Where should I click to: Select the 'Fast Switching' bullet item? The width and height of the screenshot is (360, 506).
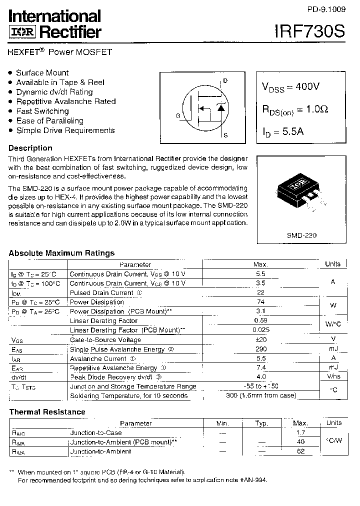click(x=42, y=111)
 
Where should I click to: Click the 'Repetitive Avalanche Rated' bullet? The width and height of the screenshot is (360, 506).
click(x=65, y=101)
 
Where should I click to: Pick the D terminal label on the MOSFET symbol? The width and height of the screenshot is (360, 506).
click(x=225, y=80)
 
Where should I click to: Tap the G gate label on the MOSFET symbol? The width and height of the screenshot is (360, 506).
click(x=177, y=116)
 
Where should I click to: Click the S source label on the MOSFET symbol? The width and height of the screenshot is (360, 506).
click(x=225, y=135)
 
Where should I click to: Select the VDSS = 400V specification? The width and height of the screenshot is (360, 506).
click(x=291, y=86)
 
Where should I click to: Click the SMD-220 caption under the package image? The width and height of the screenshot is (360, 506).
click(x=301, y=234)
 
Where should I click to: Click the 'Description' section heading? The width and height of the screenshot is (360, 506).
click(x=30, y=148)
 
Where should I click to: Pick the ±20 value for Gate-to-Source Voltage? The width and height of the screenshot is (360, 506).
click(x=260, y=340)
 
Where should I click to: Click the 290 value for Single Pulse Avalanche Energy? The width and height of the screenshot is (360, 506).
click(x=260, y=349)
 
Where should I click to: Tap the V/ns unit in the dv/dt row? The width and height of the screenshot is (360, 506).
click(x=333, y=377)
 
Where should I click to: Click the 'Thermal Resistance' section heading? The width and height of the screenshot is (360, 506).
click(x=47, y=412)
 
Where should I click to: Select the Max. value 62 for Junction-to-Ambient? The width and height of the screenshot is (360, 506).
click(x=300, y=451)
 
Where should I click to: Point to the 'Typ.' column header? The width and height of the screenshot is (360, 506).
click(x=261, y=423)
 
